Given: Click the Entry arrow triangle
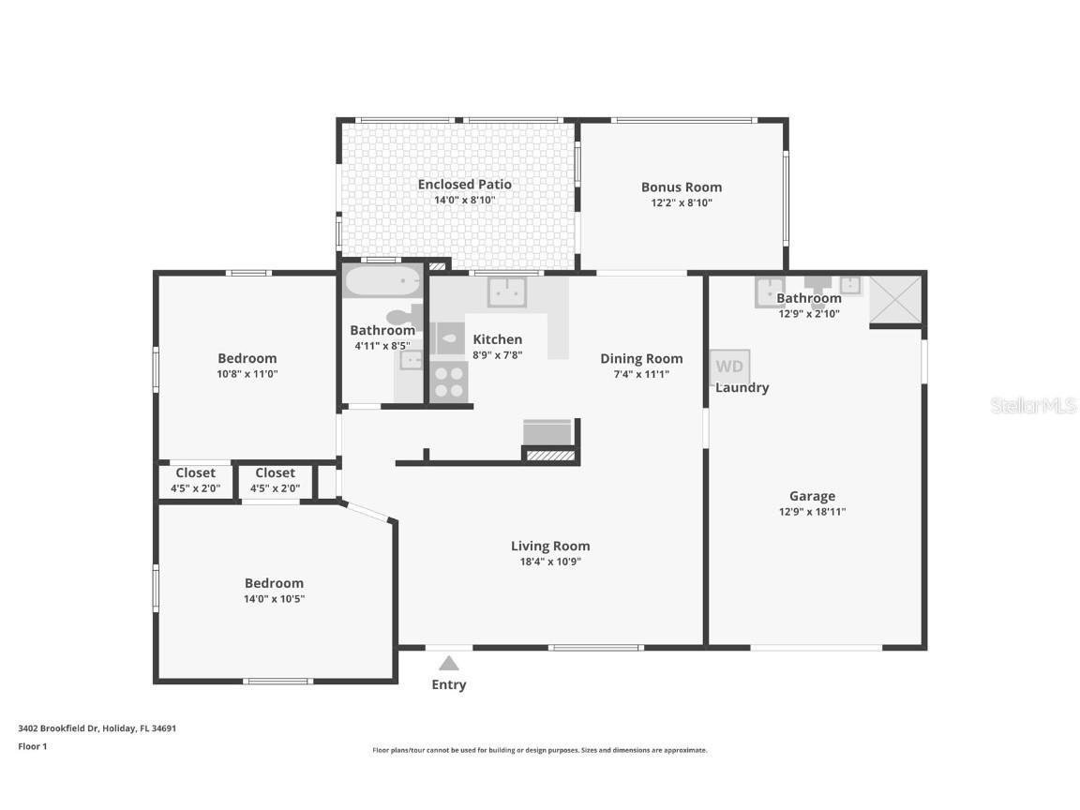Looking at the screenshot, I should (449, 664).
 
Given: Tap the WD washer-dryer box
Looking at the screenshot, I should (729, 366).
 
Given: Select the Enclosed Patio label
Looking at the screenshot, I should (464, 184).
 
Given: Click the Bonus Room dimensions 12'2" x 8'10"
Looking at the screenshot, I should (682, 202).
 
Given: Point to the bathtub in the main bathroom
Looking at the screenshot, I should (383, 280).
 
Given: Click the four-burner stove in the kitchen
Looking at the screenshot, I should (448, 382).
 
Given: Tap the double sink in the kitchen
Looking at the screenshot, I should (506, 292).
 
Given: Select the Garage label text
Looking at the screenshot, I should (812, 496).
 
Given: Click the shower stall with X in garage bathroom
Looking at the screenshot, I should (895, 299).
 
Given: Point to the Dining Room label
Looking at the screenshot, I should (641, 358).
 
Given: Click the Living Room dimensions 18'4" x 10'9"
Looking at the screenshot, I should (550, 562).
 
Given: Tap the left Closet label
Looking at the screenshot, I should (195, 473).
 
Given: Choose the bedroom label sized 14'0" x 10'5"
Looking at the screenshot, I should (274, 582).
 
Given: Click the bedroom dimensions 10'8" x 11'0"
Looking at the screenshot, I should (247, 373).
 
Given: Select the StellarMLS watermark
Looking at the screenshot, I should (1033, 405).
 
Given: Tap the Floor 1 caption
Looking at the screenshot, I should (32, 746).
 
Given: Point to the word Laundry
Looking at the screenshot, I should (742, 387).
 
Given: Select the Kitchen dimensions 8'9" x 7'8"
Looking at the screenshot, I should (497, 354).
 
